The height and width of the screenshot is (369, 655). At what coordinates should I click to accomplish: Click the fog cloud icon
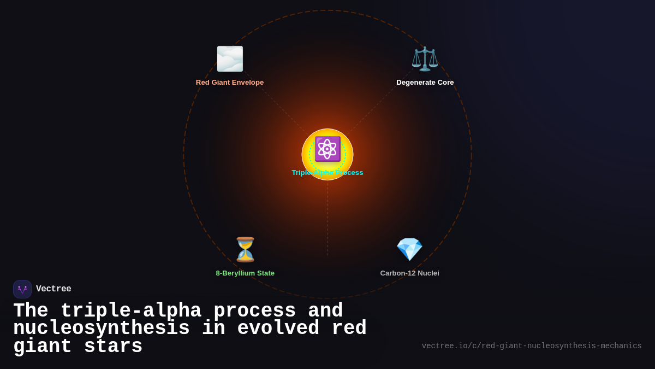[230, 59]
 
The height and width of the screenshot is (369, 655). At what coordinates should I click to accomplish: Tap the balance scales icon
[425, 59]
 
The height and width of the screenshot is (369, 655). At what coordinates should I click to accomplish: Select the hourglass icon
[245, 249]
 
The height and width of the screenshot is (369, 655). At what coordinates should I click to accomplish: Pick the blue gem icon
[409, 249]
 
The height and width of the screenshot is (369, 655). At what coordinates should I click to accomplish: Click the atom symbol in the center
[327, 149]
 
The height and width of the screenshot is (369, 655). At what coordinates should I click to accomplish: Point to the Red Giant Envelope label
[230, 83]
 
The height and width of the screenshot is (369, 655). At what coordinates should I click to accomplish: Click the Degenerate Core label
[425, 83]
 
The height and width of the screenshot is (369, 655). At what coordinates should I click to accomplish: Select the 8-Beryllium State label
[245, 273]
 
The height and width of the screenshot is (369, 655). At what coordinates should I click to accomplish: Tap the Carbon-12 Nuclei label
[409, 273]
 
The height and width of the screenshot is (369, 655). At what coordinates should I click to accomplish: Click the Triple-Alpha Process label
[327, 173]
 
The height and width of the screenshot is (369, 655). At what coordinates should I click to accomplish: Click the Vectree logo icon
[22, 289]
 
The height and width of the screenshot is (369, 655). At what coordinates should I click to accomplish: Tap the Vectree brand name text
[53, 289]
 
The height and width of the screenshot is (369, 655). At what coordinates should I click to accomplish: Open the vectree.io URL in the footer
[531, 346]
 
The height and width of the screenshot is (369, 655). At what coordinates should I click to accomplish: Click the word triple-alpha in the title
[130, 311]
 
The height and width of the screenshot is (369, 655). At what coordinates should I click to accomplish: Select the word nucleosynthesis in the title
[102, 329]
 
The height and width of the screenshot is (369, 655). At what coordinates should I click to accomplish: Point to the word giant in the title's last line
[43, 347]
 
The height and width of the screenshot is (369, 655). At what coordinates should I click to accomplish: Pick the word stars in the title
[113, 347]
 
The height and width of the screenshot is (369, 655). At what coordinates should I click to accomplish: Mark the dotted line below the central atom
[327, 219]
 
